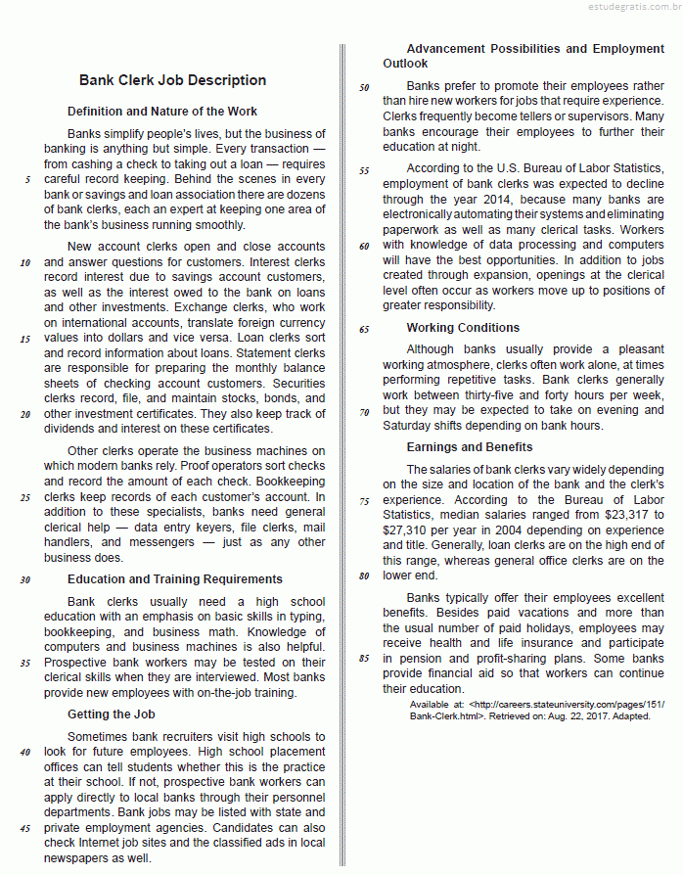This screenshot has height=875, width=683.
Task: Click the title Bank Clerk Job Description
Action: [172, 80]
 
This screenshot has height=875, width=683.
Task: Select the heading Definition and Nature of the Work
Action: [162, 112]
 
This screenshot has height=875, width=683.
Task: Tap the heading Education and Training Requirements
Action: [175, 579]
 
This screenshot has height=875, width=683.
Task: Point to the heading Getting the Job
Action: [112, 714]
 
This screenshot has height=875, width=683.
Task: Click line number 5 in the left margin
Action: [27, 180]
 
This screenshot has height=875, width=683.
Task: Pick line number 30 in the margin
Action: [24, 579]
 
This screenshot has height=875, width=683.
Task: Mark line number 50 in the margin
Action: [364, 87]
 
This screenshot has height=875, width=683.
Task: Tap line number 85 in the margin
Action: [364, 659]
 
